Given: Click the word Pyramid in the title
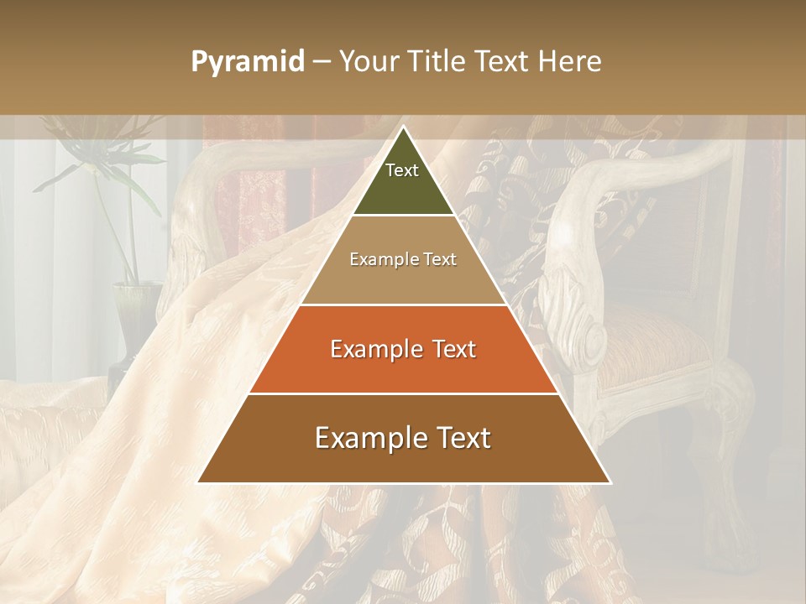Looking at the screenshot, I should [247, 62].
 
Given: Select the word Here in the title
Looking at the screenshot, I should [570, 62].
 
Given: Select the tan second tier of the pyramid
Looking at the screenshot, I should [403, 281].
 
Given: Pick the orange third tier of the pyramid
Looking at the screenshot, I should [403, 369].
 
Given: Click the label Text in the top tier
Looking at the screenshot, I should [402, 170].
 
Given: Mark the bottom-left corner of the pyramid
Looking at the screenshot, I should [199, 482].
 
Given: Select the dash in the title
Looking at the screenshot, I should [322, 62].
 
